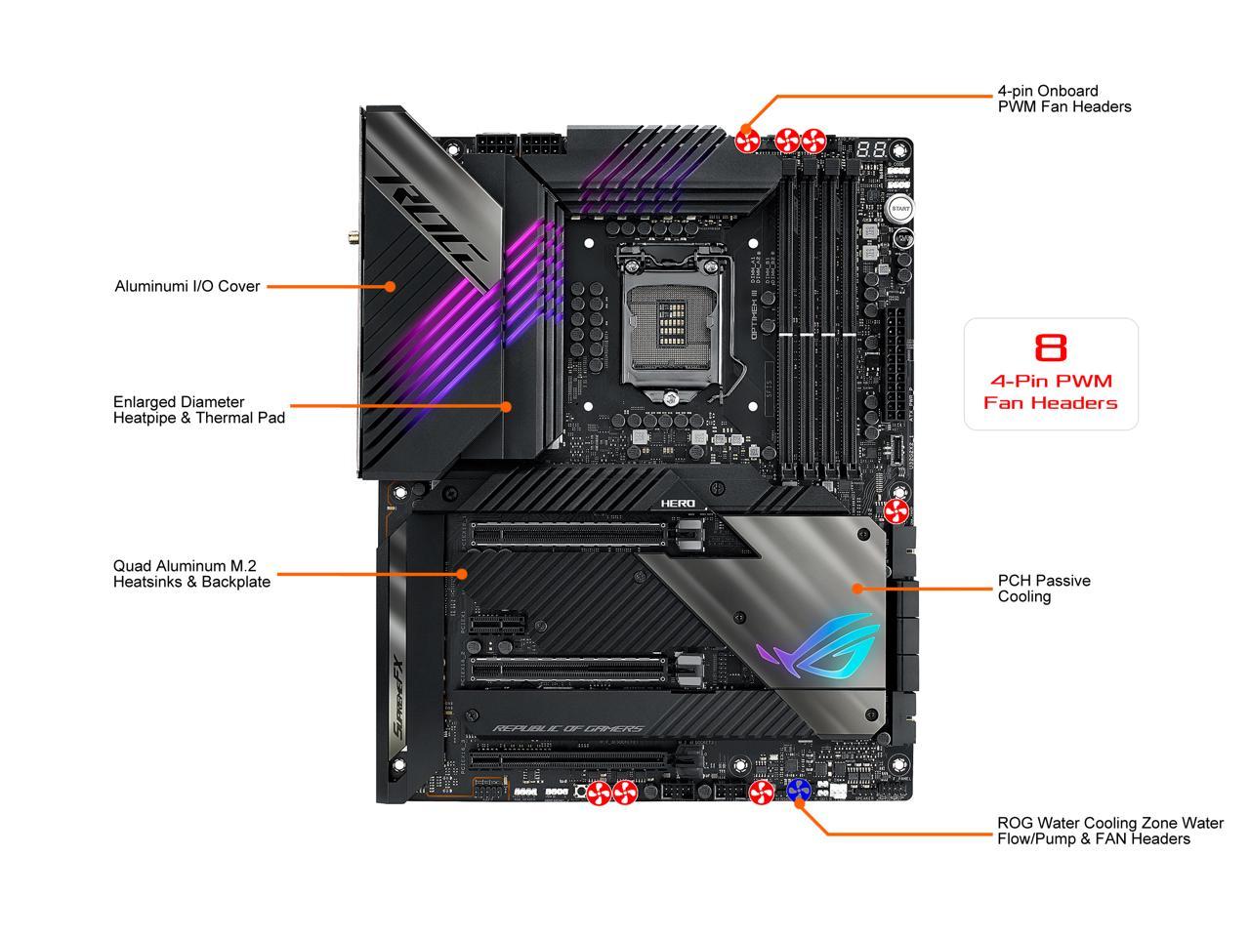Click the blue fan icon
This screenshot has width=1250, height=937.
(x=799, y=793)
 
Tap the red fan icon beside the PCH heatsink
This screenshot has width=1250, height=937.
(x=896, y=511)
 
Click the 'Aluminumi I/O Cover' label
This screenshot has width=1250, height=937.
(x=187, y=286)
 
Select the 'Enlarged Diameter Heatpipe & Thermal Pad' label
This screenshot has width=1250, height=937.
(x=199, y=410)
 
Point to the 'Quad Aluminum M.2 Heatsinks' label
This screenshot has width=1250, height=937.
(x=191, y=574)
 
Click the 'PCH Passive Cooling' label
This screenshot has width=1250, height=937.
(x=1043, y=589)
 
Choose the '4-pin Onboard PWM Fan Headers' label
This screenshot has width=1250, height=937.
(x=1063, y=99)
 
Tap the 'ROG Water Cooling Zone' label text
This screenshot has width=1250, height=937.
(x=1109, y=831)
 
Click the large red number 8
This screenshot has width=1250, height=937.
(x=1051, y=347)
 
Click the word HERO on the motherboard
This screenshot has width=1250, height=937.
(x=678, y=503)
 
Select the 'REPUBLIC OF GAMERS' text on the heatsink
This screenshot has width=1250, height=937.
(x=567, y=729)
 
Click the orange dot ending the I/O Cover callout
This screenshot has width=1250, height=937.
(x=390, y=286)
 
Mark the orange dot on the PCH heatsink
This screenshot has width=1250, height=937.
(x=857, y=589)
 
